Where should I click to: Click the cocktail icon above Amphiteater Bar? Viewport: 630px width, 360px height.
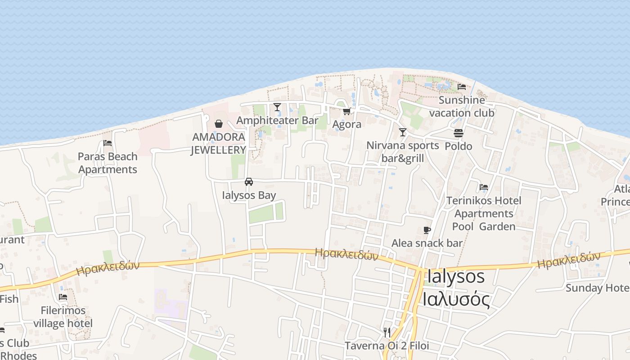[x=277, y=107]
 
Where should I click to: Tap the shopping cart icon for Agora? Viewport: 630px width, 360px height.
[x=346, y=111]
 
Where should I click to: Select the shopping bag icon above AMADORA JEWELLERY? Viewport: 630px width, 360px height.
[x=219, y=124]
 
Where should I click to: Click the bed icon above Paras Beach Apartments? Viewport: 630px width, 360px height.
[x=108, y=143]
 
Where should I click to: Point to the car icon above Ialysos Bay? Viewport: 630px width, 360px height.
[x=249, y=182]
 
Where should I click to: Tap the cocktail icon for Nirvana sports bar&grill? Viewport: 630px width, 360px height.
[x=403, y=132]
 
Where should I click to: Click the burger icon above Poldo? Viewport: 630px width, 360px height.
[x=459, y=133]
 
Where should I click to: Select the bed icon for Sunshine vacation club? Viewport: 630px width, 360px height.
[x=462, y=87]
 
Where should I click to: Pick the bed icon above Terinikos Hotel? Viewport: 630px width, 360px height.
[x=484, y=187]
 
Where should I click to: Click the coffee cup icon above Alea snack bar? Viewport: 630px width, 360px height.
[x=427, y=230]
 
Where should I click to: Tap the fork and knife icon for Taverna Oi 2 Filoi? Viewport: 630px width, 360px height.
[x=387, y=333]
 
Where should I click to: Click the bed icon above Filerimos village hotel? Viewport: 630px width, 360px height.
[x=63, y=297]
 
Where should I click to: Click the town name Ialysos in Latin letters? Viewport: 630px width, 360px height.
[x=456, y=276]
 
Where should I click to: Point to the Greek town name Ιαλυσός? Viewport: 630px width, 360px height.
[x=456, y=298]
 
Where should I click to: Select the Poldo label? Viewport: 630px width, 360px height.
[x=459, y=146]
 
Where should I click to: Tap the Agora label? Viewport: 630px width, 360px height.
[x=347, y=124]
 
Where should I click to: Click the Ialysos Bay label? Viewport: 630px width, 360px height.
[x=249, y=195]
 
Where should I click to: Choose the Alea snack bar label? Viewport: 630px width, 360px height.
[x=427, y=243]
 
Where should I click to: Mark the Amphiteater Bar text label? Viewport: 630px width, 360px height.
[x=277, y=121]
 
